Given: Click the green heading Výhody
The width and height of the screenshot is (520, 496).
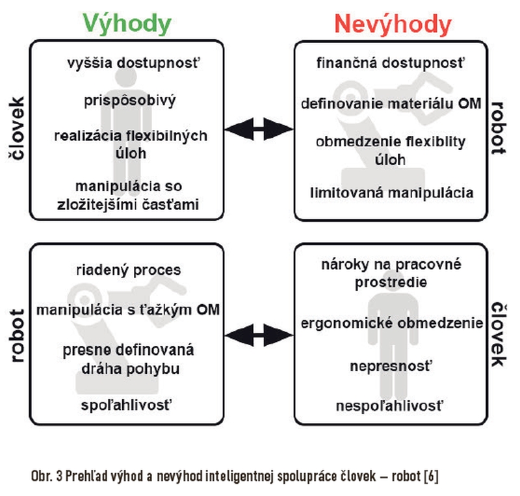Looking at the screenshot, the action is tap(127, 24).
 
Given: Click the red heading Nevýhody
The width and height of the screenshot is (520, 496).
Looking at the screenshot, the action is tap(393, 24).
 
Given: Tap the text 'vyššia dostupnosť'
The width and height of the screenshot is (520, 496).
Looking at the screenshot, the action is tap(134, 63).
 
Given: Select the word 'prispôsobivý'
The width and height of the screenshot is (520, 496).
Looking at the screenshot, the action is tap(129, 101).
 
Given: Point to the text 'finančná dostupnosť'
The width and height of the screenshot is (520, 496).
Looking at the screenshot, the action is tap(391, 63).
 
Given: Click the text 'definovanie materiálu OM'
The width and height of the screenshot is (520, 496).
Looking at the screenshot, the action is tap(391, 103).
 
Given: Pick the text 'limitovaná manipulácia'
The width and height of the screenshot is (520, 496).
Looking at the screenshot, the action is tap(392, 193).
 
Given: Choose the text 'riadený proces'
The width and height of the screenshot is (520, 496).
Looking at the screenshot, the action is tap(129, 270).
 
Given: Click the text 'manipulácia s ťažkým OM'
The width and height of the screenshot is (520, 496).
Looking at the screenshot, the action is tap(128, 310).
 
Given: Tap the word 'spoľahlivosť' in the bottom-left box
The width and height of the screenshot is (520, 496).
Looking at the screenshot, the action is tap(127, 405).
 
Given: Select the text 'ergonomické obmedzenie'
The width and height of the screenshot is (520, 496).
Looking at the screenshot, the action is tap(392, 323).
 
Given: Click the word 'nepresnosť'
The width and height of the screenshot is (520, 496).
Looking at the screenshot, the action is tap(391, 366).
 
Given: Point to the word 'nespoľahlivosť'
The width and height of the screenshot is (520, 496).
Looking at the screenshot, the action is tap(389, 406).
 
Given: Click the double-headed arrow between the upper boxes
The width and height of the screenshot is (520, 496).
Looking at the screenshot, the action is tap(259, 129).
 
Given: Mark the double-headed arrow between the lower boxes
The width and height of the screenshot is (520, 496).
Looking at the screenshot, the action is tap(259, 335).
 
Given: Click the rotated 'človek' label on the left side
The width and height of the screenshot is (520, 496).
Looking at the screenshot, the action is tap(17, 129).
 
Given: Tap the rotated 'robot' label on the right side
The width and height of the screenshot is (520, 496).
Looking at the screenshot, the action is tap(498, 129).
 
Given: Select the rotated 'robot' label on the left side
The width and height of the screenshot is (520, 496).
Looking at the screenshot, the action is tap(17, 335).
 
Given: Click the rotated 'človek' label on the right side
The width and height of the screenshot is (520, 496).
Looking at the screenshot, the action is tap(499, 334).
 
